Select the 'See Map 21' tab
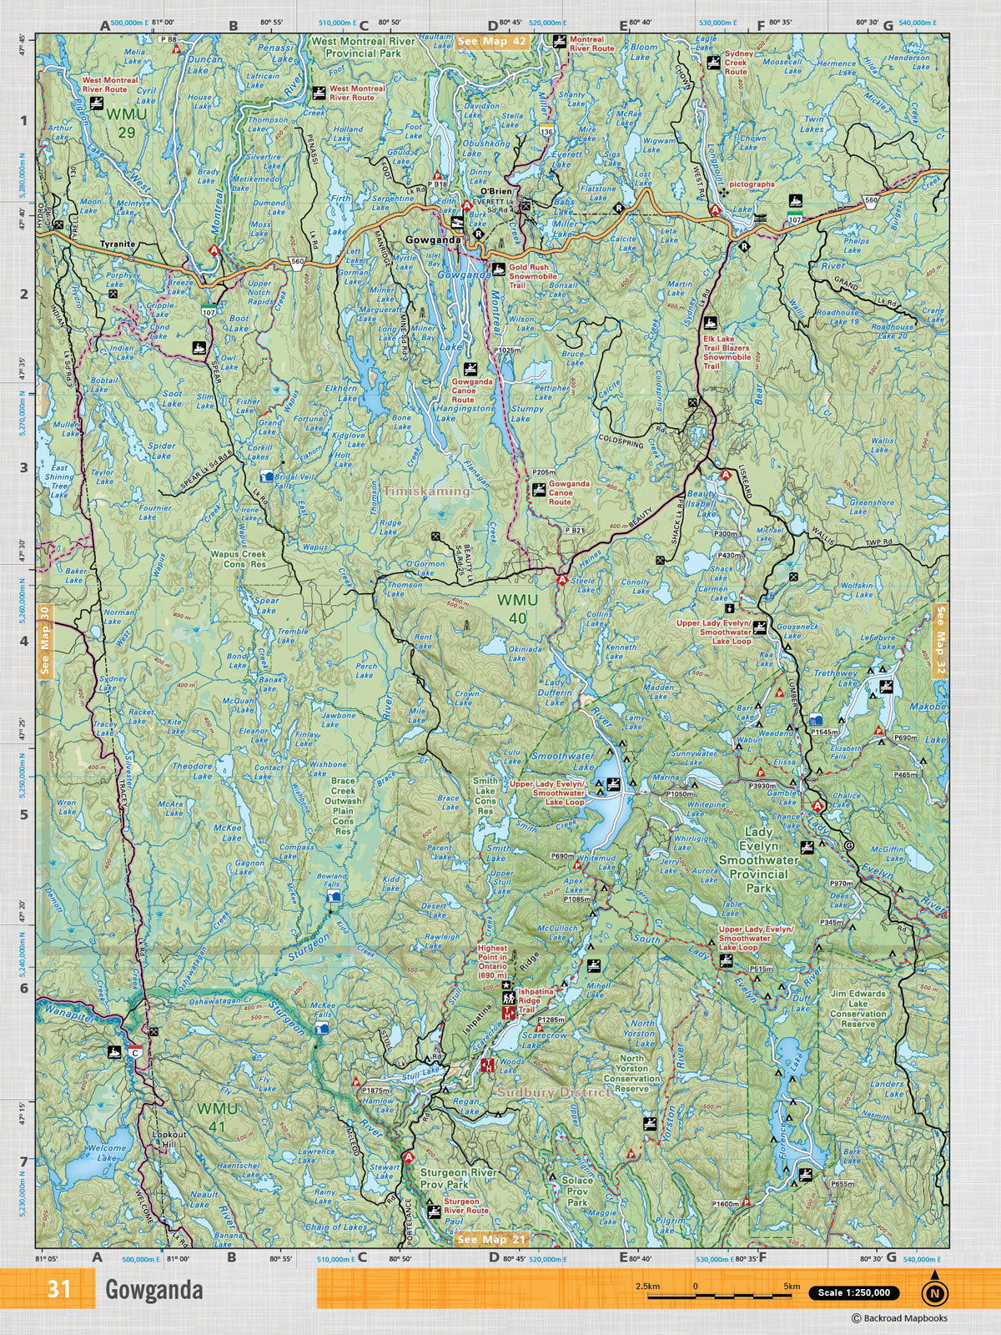click(x=493, y=1239)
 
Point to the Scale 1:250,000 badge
click(x=853, y=1292)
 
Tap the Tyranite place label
click(x=117, y=244)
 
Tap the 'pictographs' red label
click(x=752, y=184)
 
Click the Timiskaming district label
click(x=426, y=491)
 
